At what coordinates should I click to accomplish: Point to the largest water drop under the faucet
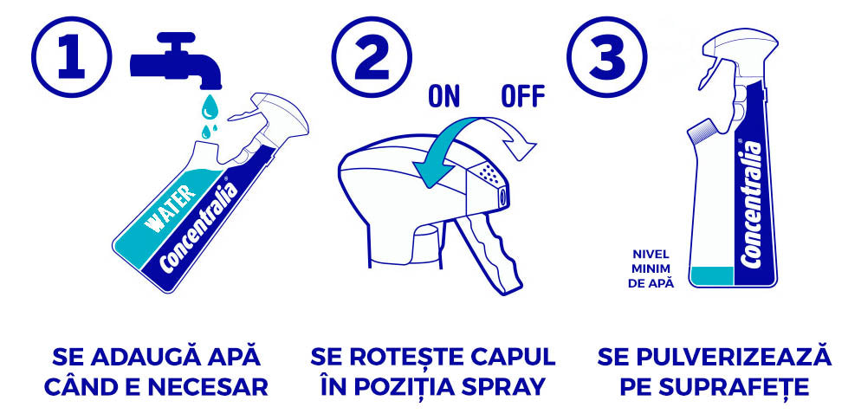point(209,107)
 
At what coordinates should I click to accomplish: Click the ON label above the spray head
point(443,96)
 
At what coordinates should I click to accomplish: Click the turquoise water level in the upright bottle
point(712,275)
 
